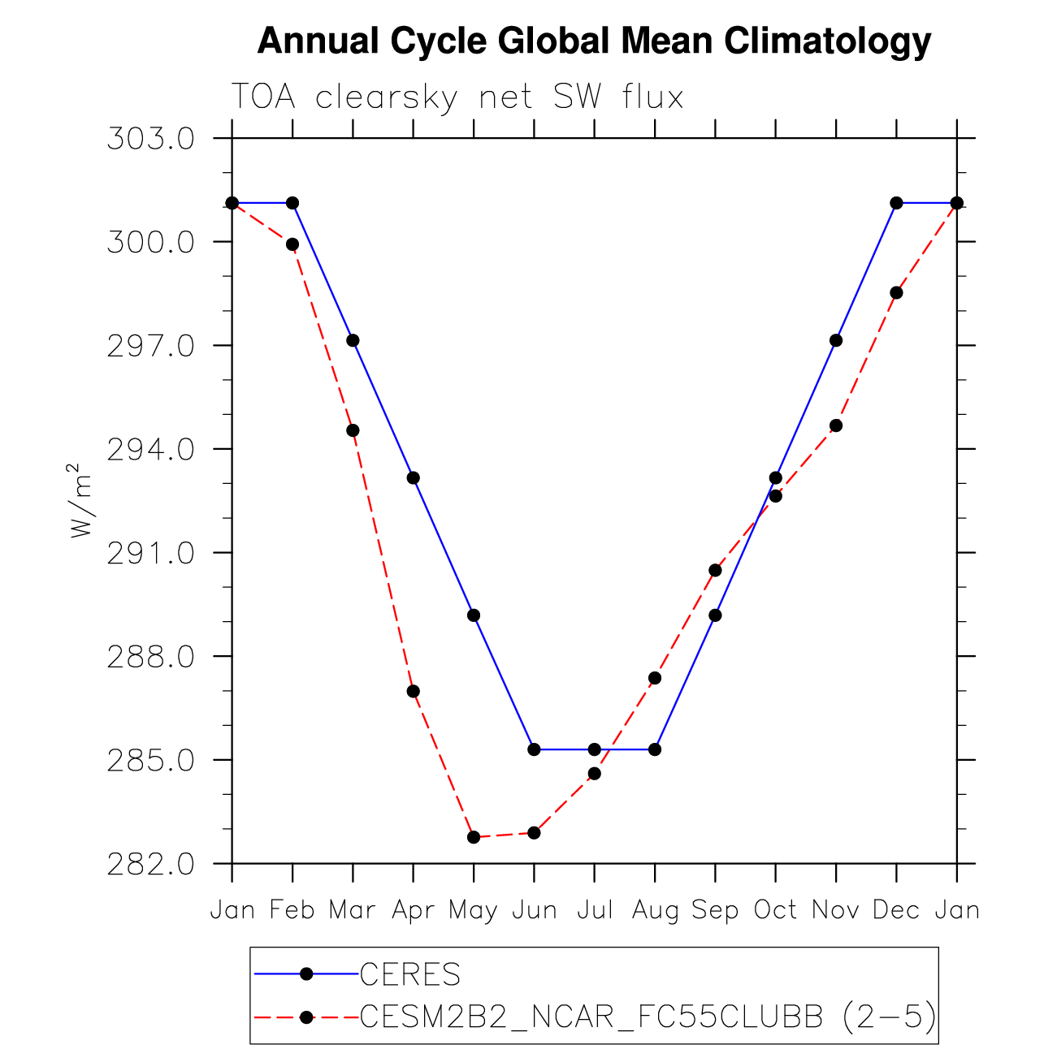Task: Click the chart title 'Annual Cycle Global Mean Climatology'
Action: [594, 41]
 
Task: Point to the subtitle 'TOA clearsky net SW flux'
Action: [457, 97]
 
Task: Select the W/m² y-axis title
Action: [79, 500]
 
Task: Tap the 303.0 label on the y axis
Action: [150, 139]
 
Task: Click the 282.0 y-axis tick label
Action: [150, 864]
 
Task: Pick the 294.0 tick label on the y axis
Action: [150, 449]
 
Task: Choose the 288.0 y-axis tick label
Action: [150, 656]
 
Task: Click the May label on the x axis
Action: [474, 911]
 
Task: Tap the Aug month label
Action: [655, 911]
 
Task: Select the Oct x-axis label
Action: [775, 910]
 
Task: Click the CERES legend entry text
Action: [410, 974]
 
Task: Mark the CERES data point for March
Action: [353, 340]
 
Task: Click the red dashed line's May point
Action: [474, 837]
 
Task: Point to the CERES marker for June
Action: [534, 749]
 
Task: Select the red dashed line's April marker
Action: [414, 691]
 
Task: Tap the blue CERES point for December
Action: [896, 203]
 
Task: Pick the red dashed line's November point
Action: [836, 425]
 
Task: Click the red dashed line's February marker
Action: [292, 244]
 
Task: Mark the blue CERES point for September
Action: [715, 615]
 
